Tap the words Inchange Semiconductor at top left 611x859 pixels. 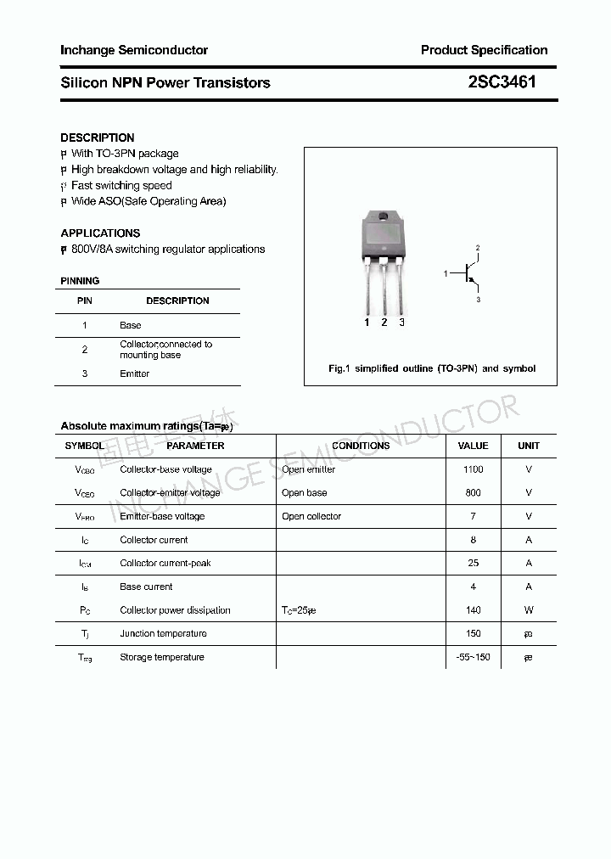click(x=134, y=50)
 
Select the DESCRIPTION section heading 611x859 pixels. click(x=98, y=138)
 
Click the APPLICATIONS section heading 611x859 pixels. click(x=100, y=233)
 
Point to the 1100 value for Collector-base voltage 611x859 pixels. click(x=473, y=469)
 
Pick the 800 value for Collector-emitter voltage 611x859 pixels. click(x=473, y=492)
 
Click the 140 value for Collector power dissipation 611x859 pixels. click(x=473, y=609)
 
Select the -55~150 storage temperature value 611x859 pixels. click(x=473, y=657)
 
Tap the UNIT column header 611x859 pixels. click(x=529, y=446)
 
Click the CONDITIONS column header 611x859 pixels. click(x=361, y=446)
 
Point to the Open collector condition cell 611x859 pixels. click(x=311, y=516)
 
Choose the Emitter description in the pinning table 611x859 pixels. click(x=134, y=373)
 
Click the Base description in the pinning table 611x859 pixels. click(x=131, y=325)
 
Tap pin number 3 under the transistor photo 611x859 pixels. click(x=401, y=323)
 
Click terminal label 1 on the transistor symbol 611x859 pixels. click(x=446, y=274)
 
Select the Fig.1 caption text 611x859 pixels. click(x=432, y=368)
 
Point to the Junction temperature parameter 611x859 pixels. click(x=163, y=633)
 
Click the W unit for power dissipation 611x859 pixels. click(x=529, y=609)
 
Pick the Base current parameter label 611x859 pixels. click(x=146, y=587)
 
